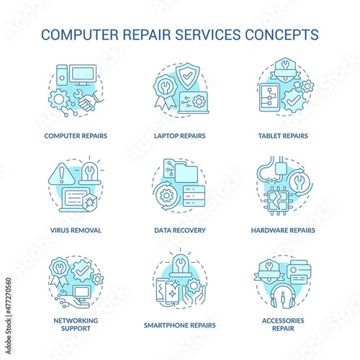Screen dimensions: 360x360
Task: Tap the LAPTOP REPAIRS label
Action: (180, 136)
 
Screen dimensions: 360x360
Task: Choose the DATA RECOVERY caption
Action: (180, 230)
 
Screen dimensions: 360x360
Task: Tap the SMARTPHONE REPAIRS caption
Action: (180, 326)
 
